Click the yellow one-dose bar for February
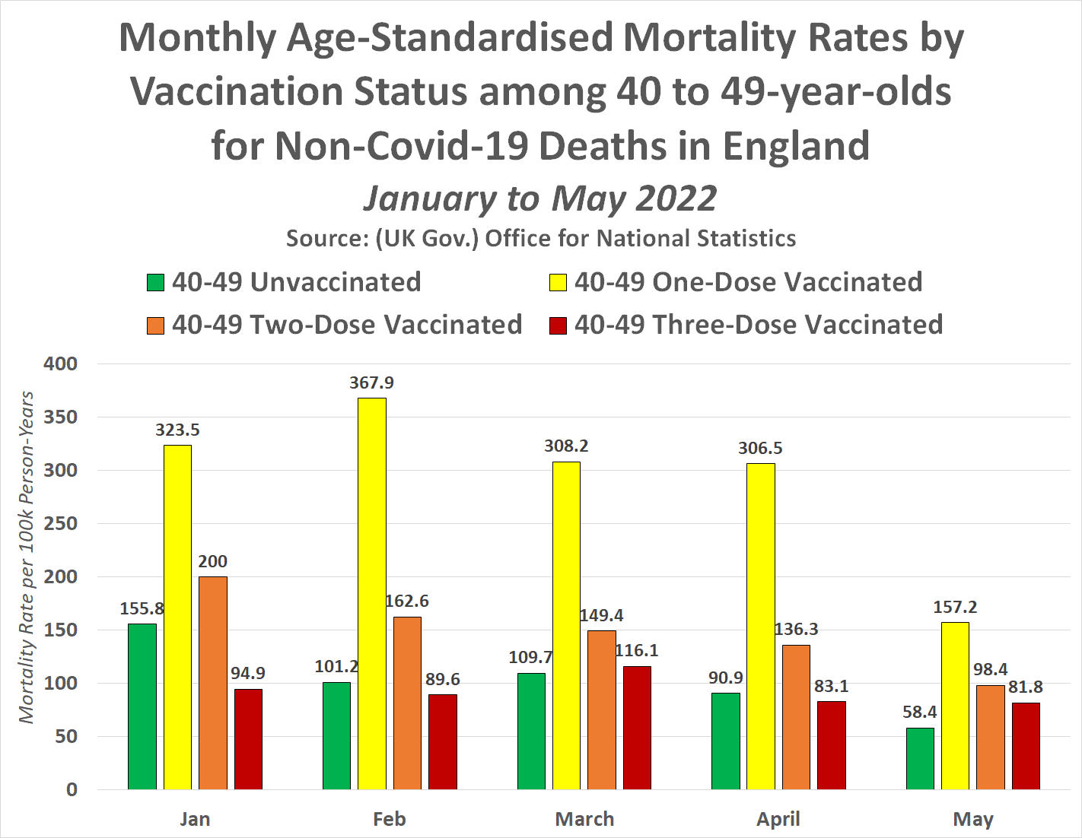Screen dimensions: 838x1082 (x=372, y=593)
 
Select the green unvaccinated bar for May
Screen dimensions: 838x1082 (x=920, y=758)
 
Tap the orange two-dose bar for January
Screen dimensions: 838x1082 (x=213, y=682)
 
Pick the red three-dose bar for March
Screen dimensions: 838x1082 (x=637, y=727)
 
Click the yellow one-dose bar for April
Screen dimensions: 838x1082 (x=761, y=626)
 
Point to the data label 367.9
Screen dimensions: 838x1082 (x=372, y=383)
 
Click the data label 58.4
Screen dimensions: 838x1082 (x=920, y=713)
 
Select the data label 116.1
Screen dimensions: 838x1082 (x=637, y=651)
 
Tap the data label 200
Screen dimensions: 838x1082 (x=213, y=562)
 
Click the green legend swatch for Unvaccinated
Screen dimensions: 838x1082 (x=155, y=283)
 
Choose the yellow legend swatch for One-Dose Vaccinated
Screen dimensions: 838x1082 (x=558, y=283)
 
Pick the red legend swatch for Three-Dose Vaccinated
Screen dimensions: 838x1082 (x=558, y=325)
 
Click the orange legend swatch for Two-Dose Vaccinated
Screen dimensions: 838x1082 (x=155, y=325)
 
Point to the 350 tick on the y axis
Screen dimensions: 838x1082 (x=61, y=417)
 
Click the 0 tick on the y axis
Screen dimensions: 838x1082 (x=72, y=790)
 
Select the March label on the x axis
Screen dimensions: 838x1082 (x=584, y=819)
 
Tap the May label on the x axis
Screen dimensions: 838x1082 (x=973, y=819)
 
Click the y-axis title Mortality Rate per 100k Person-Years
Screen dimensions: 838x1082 (x=27, y=557)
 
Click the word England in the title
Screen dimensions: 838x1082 (x=796, y=145)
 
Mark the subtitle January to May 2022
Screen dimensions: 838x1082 (x=540, y=198)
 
